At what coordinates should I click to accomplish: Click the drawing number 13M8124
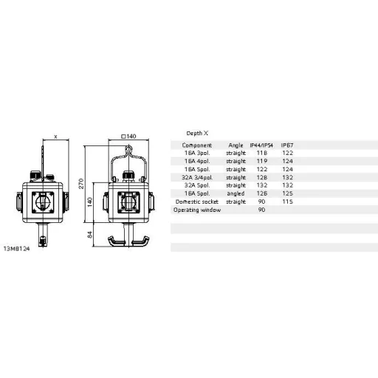click(x=16, y=247)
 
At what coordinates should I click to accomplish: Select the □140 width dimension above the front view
click(x=128, y=137)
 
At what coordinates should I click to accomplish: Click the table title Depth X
click(x=197, y=132)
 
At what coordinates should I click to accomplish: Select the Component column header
click(x=198, y=145)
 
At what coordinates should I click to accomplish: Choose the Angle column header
click(x=236, y=145)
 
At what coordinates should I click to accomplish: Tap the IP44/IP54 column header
click(x=262, y=145)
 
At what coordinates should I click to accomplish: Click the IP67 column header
click(x=288, y=145)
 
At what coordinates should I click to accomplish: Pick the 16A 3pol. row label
click(x=198, y=153)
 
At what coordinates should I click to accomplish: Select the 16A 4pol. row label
click(x=198, y=161)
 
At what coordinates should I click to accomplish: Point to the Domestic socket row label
click(x=195, y=202)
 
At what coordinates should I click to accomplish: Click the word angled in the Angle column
click(x=236, y=193)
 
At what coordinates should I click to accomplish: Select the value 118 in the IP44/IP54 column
click(x=261, y=153)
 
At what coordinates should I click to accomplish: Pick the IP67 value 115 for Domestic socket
click(x=288, y=202)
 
